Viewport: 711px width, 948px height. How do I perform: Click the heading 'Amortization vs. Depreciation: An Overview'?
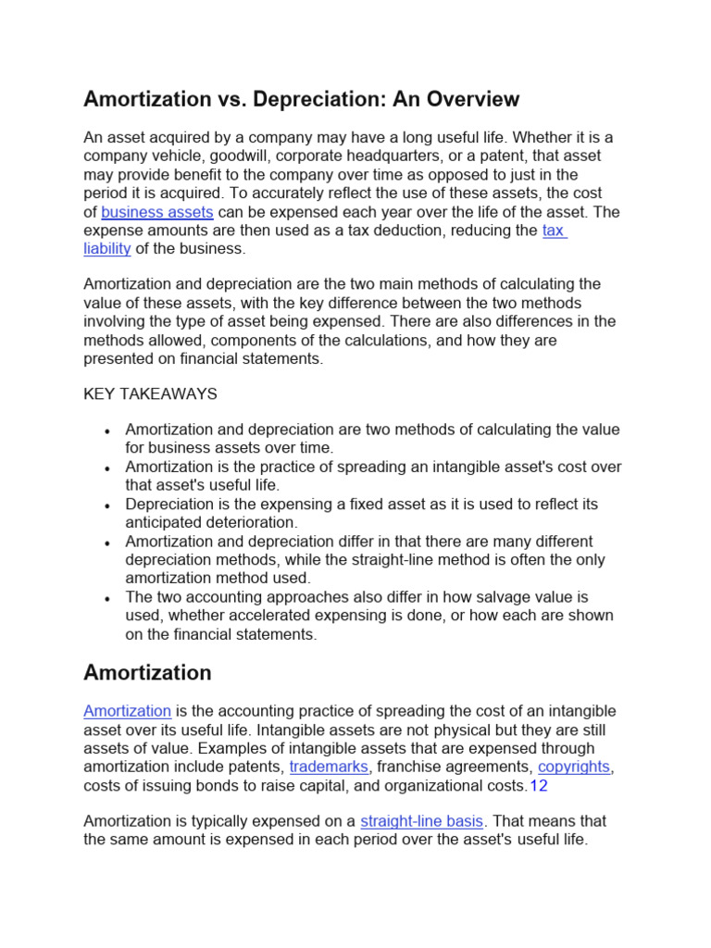[x=302, y=99]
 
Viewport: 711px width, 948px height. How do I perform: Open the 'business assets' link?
[x=157, y=212]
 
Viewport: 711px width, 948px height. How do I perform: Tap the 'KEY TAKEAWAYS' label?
[x=150, y=393]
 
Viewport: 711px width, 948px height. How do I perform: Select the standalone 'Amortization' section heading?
[x=147, y=672]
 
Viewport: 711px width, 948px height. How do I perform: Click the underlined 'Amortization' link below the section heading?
[x=127, y=711]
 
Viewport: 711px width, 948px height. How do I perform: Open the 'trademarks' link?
[x=329, y=767]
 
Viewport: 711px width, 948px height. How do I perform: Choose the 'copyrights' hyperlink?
[x=574, y=767]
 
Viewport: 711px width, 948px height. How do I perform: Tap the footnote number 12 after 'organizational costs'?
[x=539, y=786]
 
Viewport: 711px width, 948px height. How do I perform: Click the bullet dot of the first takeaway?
[x=108, y=431]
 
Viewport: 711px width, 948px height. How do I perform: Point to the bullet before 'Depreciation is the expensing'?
[x=108, y=505]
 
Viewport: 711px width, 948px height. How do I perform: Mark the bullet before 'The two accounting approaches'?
[x=108, y=598]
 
